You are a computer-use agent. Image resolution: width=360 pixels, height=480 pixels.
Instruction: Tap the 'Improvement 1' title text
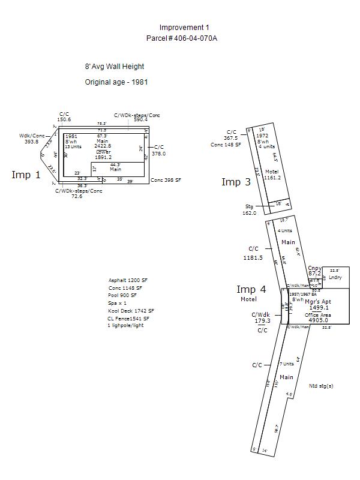(184, 28)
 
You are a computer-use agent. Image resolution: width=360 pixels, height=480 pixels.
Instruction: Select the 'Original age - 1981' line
(116, 82)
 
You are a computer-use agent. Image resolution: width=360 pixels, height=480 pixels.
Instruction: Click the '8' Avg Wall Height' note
(115, 67)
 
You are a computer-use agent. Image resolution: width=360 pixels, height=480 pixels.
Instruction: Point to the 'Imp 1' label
(26, 175)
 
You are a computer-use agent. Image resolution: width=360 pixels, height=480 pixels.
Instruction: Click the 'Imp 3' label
(236, 182)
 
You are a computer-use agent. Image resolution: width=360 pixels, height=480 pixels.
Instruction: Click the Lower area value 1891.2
(103, 158)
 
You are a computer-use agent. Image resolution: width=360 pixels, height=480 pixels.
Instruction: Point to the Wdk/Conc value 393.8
(31, 142)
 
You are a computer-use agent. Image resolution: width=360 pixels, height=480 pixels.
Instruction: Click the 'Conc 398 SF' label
(166, 180)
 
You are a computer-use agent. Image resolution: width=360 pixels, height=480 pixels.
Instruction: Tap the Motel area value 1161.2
(272, 178)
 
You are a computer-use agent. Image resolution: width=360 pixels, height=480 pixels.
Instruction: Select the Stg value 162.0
(249, 212)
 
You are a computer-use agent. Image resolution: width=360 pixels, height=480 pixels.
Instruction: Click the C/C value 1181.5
(253, 257)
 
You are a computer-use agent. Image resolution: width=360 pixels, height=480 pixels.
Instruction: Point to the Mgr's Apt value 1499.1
(319, 307)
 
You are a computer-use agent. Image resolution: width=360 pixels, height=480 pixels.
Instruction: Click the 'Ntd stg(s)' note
(321, 386)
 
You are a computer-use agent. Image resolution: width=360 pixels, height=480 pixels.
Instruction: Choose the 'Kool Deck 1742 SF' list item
(131, 311)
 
